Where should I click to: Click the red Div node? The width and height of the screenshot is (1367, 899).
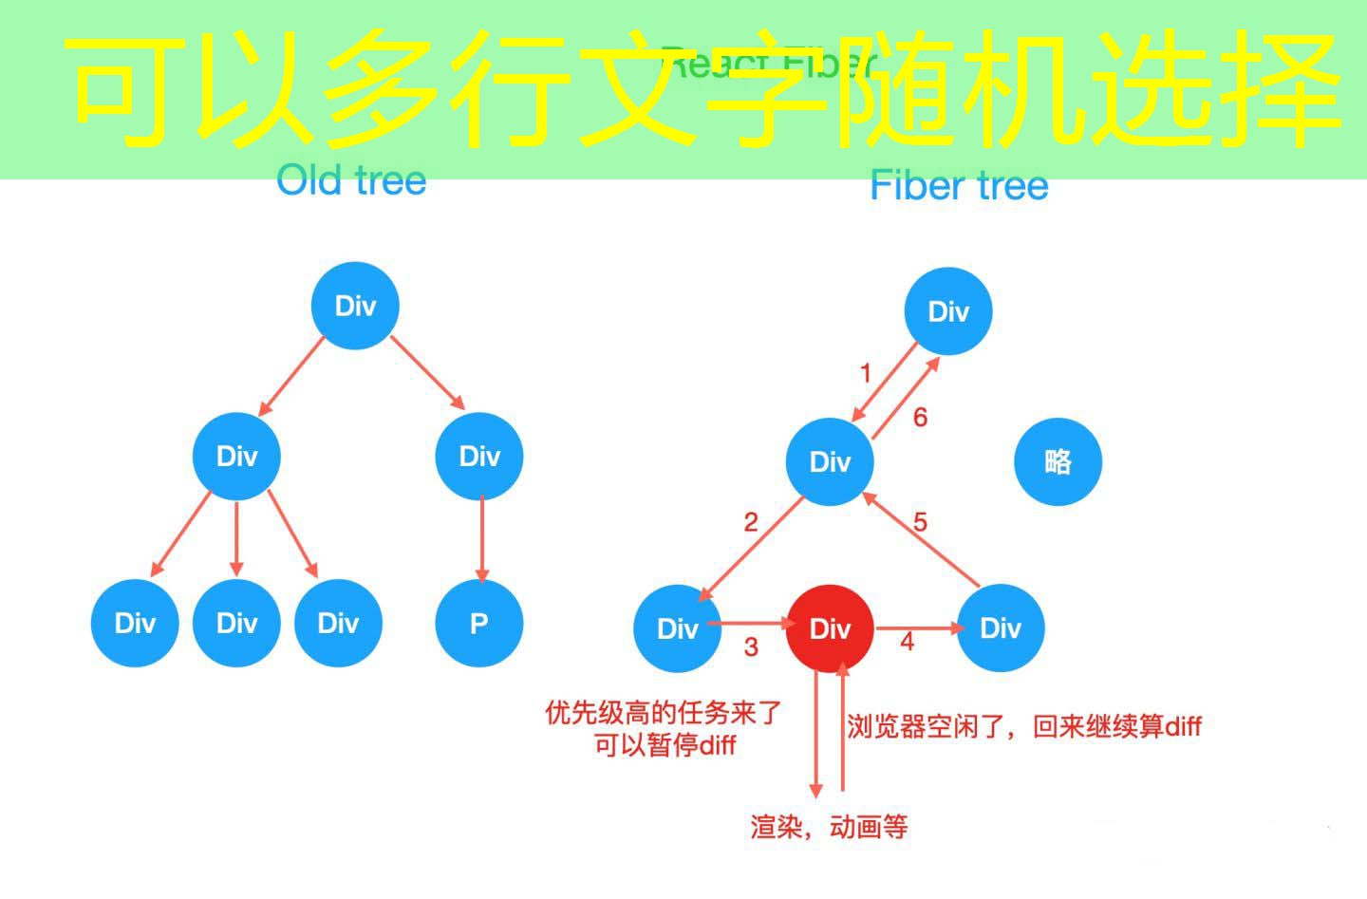click(x=830, y=628)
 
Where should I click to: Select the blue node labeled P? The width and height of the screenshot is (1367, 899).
click(x=478, y=623)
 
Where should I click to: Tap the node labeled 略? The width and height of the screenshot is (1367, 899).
click(x=1058, y=461)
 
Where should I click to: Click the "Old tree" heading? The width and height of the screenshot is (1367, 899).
click(x=351, y=180)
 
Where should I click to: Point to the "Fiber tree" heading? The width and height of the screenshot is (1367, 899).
click(x=959, y=185)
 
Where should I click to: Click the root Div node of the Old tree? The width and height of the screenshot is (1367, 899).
click(x=355, y=306)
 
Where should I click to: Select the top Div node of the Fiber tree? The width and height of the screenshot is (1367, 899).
click(x=947, y=311)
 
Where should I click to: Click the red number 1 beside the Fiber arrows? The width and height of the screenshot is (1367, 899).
click(x=865, y=373)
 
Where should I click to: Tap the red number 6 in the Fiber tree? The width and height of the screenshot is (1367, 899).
click(x=920, y=417)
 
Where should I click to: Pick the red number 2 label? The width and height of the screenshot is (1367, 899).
click(x=751, y=522)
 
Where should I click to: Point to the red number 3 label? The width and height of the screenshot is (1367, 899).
click(x=751, y=647)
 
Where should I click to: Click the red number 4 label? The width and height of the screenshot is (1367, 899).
click(x=907, y=642)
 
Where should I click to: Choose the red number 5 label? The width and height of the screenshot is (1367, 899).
click(x=920, y=522)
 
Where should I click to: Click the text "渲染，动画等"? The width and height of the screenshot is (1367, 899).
click(x=829, y=827)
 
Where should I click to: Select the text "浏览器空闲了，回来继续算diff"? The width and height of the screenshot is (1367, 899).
click(x=1023, y=727)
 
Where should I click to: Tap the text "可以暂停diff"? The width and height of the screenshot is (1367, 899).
click(x=665, y=745)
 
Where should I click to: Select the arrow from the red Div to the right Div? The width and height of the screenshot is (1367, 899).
click(x=917, y=627)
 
